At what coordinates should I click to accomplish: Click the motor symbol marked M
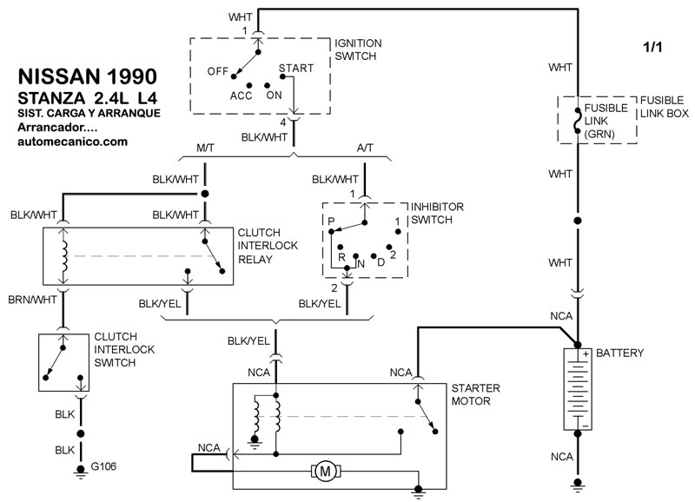click(327, 472)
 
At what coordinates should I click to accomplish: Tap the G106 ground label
click(103, 467)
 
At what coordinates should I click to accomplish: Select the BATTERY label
click(620, 353)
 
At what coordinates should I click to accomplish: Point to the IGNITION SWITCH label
click(358, 50)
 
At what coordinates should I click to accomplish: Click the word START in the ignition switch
click(295, 68)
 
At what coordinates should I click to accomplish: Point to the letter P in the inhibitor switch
click(331, 221)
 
